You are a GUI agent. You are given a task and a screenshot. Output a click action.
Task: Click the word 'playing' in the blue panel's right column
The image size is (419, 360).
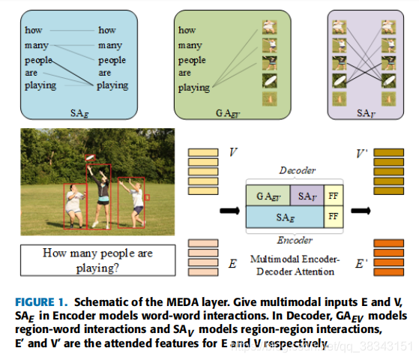click(113, 85)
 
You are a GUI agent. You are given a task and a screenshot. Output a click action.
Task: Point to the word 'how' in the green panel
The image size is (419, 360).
click(187, 30)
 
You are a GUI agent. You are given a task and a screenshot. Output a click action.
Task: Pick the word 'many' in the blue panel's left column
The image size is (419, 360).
click(35, 45)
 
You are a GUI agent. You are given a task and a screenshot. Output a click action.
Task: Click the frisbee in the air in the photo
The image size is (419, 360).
click(91, 158)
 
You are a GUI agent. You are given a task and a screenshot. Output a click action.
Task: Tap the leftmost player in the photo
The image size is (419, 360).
click(75, 206)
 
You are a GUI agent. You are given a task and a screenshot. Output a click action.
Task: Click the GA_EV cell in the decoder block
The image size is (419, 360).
click(268, 196)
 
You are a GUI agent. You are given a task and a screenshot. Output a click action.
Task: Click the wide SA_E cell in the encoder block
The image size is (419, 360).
click(284, 217)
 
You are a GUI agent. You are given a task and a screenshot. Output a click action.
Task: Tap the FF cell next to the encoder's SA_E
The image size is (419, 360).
click(332, 217)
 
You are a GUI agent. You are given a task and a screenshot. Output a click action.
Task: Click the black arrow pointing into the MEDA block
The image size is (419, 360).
click(226, 208)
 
